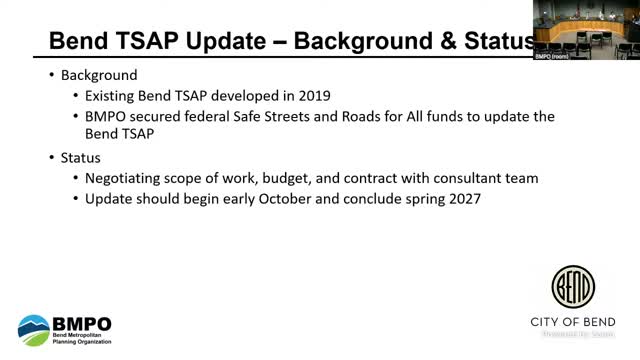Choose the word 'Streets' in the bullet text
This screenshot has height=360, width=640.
pyautogui.click(x=311, y=117)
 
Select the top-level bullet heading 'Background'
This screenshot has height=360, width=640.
pyautogui.click(x=100, y=76)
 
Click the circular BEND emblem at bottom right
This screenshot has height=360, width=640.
pyautogui.click(x=574, y=287)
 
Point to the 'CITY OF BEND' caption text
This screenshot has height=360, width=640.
pyautogui.click(x=574, y=322)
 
